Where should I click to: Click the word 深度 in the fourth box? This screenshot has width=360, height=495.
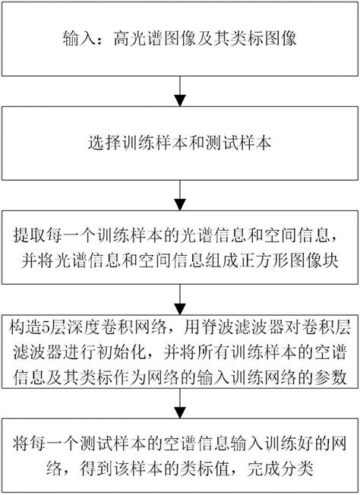[84, 327]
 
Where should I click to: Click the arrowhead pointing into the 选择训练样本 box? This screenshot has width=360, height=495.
[180, 100]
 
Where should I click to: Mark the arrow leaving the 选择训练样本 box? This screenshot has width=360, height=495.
[180, 195]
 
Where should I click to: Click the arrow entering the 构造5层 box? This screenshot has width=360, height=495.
[180, 299]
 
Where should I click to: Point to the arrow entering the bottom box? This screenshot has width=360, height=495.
[180, 403]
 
